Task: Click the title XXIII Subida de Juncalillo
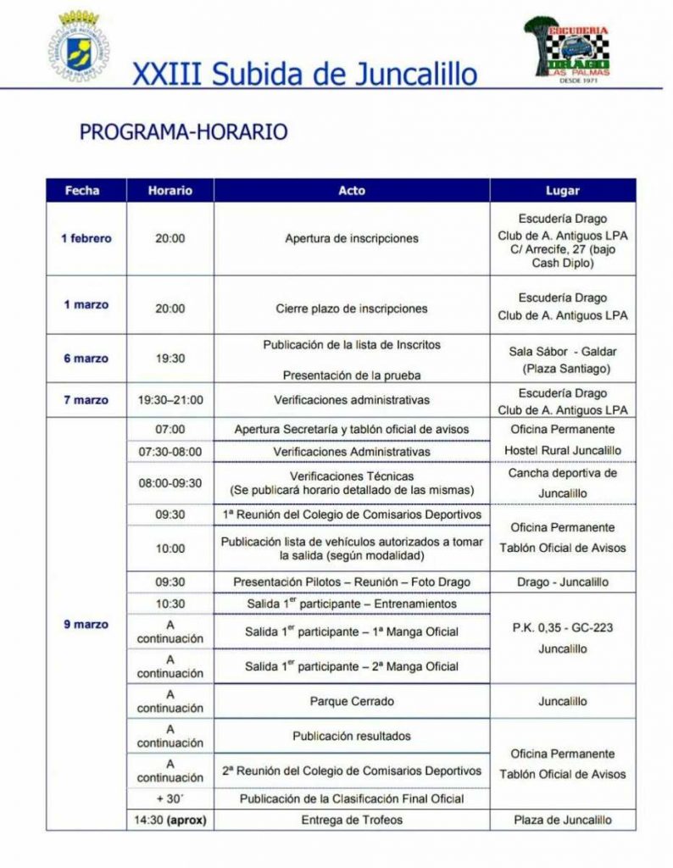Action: [304, 75]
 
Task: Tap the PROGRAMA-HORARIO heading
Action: [184, 132]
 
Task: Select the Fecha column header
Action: [82, 191]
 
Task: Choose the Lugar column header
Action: [563, 191]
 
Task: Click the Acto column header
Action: [351, 191]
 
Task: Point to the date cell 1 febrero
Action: [86, 238]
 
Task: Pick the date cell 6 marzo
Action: [86, 359]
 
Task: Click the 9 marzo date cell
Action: [86, 625]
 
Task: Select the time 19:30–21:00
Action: [170, 400]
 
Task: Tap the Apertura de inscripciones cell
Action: [351, 238]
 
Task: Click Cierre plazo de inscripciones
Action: [351, 309]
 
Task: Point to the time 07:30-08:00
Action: [170, 452]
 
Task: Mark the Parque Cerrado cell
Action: [351, 702]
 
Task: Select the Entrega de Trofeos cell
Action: [351, 820]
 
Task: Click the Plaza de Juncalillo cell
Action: [563, 820]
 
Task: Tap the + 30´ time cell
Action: [170, 798]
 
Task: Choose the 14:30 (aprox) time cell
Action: [170, 820]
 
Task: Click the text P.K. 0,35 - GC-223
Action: [563, 628]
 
